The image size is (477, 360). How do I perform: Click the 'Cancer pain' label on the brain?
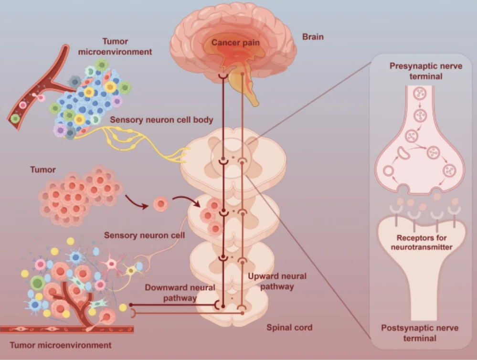(x=235, y=42)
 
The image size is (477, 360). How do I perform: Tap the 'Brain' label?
(x=313, y=36)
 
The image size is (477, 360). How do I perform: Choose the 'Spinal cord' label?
(x=289, y=328)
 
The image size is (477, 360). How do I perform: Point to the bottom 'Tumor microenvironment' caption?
(x=61, y=345)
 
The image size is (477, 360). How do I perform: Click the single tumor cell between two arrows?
(x=161, y=205)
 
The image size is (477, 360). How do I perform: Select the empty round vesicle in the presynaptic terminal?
(x=388, y=170)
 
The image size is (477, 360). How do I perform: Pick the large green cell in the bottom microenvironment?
(x=38, y=283)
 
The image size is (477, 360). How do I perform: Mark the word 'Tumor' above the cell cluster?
(x=43, y=169)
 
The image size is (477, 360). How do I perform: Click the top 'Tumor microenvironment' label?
(x=127, y=47)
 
